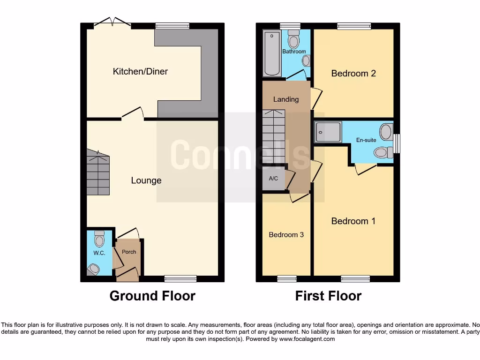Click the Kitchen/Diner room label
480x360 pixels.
click(x=140, y=72)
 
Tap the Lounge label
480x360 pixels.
click(x=146, y=180)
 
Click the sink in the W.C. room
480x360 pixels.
click(x=93, y=269)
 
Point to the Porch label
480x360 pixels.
click(x=129, y=252)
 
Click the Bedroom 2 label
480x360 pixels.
click(x=353, y=73)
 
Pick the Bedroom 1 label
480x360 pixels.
click(x=353, y=221)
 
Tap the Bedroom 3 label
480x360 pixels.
click(x=286, y=235)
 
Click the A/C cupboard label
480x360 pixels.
click(x=273, y=179)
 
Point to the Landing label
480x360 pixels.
click(x=286, y=99)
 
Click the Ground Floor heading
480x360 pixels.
click(x=152, y=296)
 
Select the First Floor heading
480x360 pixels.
click(x=328, y=296)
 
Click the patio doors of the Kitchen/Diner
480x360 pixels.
click(x=112, y=22)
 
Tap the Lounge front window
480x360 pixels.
click(x=180, y=278)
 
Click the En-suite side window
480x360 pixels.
click(x=397, y=143)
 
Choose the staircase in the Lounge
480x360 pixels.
click(x=98, y=173)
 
